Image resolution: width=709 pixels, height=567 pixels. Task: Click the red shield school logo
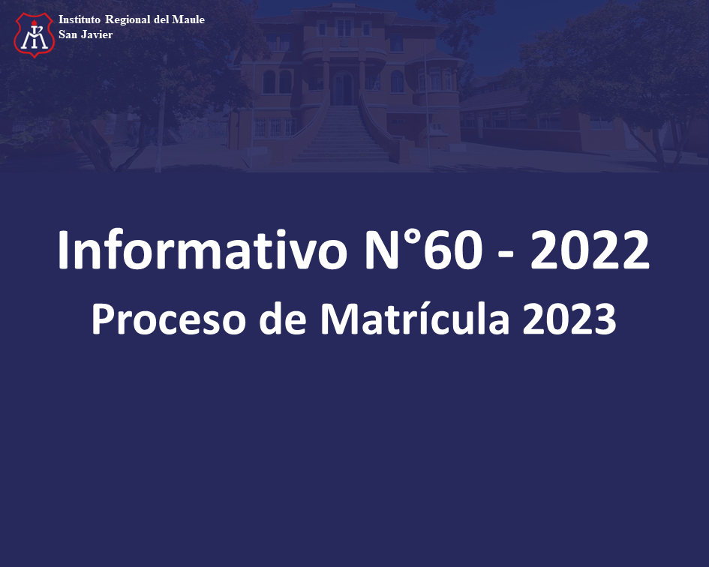(x=35, y=34)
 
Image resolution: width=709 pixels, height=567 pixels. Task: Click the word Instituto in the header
(x=79, y=19)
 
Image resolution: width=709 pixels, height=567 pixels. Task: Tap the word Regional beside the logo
(x=128, y=20)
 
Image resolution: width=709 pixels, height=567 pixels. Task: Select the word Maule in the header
(x=188, y=19)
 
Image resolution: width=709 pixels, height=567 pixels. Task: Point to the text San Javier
(x=86, y=34)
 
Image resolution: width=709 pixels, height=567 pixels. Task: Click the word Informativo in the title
(x=203, y=250)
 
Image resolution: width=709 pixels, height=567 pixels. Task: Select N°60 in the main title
(x=424, y=250)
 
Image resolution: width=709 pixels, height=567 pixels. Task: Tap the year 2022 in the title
(x=590, y=250)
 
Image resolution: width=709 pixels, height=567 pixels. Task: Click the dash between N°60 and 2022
(x=506, y=256)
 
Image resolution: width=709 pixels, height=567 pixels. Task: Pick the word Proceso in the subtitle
(x=169, y=319)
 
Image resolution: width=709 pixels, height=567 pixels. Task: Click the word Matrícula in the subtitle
(x=415, y=318)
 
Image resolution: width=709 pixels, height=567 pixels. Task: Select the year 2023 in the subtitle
(x=569, y=319)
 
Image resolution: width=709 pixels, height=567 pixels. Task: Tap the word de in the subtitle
(x=283, y=318)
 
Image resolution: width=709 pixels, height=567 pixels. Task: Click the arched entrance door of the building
(x=342, y=88)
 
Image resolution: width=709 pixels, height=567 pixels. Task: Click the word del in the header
(x=161, y=19)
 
